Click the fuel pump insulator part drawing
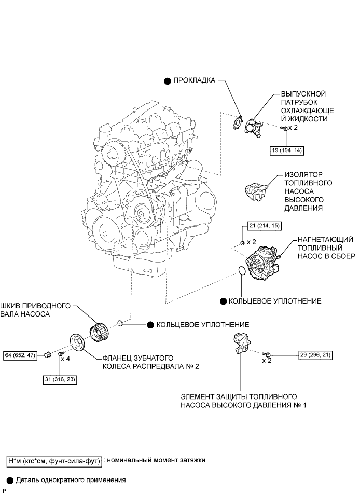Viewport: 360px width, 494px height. pos(257,190)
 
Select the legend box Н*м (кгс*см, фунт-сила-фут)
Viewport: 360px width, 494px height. pos(54,460)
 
